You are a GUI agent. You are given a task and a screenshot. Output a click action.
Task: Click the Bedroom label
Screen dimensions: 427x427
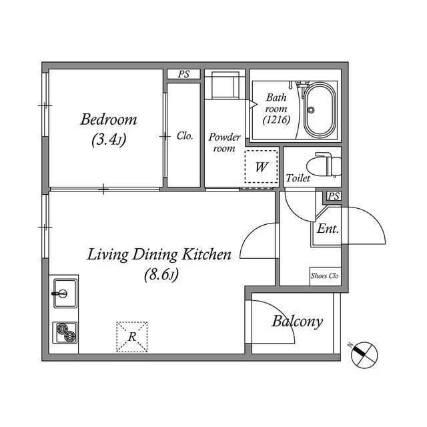tap(109, 120)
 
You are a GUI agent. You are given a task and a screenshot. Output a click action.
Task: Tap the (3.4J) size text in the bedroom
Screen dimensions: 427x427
tap(109, 140)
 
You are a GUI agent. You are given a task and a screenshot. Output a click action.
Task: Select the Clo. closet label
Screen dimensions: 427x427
tap(185, 135)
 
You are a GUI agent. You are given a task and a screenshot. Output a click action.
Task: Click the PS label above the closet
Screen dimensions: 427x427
tap(183, 75)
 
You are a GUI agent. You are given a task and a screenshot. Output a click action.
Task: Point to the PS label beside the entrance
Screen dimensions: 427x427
tap(334, 197)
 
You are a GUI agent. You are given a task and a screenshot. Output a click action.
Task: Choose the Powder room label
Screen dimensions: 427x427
tap(224, 142)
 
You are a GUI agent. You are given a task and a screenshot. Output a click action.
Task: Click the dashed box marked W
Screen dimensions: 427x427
tap(261, 167)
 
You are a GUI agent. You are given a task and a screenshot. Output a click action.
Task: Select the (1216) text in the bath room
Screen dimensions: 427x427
tap(276, 121)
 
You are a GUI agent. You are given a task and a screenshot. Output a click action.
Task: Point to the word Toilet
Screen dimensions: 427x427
tap(298, 178)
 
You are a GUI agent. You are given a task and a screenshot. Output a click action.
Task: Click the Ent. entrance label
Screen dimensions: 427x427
tap(328, 229)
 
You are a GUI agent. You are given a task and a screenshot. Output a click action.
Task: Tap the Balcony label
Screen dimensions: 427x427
tap(297, 322)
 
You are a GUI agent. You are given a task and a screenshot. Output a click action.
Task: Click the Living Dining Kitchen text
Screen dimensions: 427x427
tap(159, 254)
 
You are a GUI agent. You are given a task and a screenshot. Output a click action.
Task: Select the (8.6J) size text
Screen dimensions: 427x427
tap(160, 274)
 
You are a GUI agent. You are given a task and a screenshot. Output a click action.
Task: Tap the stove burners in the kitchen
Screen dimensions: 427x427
tap(65, 332)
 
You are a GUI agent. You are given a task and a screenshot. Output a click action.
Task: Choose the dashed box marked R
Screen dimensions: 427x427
tap(132, 336)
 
